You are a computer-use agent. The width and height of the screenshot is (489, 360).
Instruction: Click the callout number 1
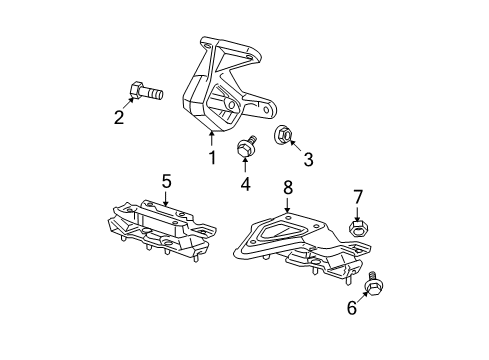tap(212, 158)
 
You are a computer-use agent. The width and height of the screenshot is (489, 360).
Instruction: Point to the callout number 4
tap(244, 183)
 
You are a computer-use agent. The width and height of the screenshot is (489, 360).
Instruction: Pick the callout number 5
tap(167, 181)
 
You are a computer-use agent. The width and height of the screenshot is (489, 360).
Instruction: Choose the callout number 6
tap(352, 309)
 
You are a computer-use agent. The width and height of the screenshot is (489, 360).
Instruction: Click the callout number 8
tap(287, 187)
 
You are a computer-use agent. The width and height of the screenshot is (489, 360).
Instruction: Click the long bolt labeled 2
tap(146, 95)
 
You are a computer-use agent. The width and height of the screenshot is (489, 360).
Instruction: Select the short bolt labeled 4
tap(243, 151)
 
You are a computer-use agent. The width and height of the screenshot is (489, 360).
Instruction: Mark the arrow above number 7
tap(357, 213)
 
